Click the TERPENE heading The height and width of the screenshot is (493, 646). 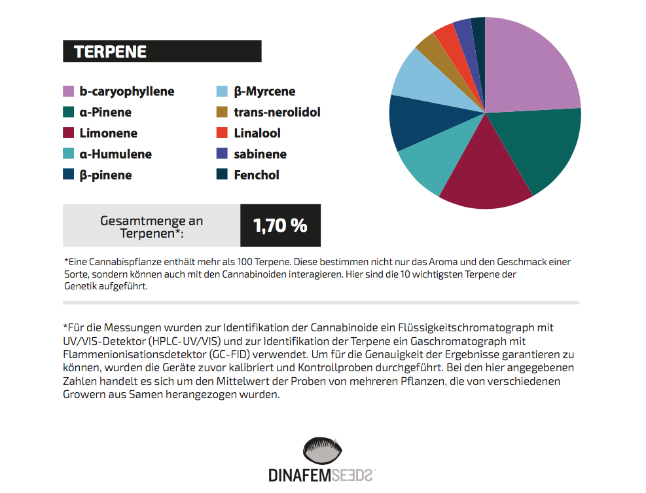[x=110, y=52]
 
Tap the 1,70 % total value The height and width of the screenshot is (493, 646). [x=280, y=225]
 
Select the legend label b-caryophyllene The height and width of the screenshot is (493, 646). [x=127, y=92]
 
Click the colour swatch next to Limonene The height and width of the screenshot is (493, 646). [x=68, y=134]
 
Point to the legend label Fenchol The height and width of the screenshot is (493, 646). [x=257, y=175]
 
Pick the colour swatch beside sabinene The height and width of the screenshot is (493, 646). [x=222, y=155]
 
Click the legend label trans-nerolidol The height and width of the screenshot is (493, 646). [x=277, y=113]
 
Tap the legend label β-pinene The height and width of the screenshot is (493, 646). [x=105, y=175]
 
